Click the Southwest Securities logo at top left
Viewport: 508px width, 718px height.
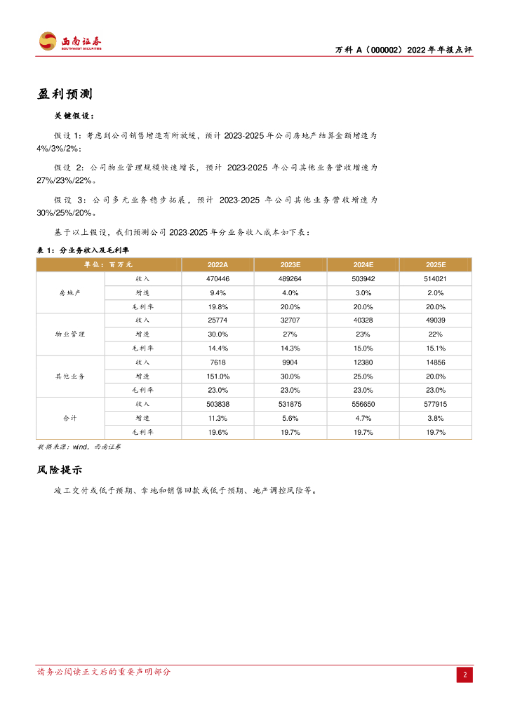(x=69, y=41)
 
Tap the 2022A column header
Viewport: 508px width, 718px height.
(x=218, y=264)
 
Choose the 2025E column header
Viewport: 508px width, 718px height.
(x=436, y=264)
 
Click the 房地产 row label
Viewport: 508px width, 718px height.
(x=70, y=292)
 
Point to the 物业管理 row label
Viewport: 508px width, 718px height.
(x=70, y=334)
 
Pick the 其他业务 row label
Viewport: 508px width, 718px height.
(x=70, y=376)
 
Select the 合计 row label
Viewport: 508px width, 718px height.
(x=70, y=418)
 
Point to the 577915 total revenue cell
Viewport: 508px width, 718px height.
(x=436, y=404)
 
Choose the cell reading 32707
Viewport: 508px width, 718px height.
(x=290, y=320)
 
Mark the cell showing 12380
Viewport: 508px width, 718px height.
(x=363, y=362)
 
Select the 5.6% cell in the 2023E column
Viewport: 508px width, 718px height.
(x=290, y=418)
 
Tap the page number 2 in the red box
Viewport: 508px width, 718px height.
(x=464, y=675)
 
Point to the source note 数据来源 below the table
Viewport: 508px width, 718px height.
(x=78, y=446)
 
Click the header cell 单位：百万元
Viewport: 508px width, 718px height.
(x=108, y=264)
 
